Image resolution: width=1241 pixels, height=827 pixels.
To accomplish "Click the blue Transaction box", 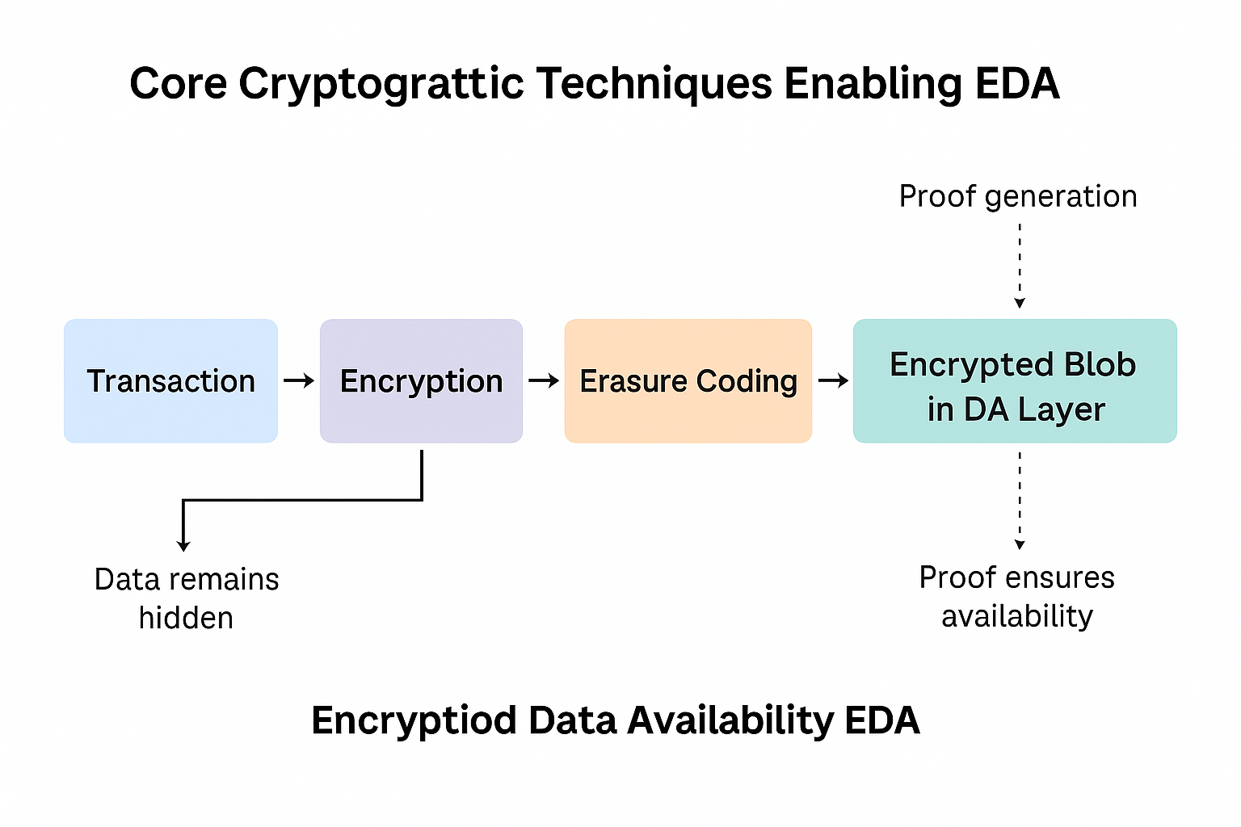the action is (x=170, y=380).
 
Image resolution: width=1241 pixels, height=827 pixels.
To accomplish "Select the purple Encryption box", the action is (x=421, y=380).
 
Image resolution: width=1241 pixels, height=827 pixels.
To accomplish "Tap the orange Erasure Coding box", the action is (x=688, y=380).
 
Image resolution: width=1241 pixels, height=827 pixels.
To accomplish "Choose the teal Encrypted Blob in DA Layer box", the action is (x=1015, y=380).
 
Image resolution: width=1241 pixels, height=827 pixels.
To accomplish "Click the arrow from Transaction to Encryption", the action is (x=299, y=380).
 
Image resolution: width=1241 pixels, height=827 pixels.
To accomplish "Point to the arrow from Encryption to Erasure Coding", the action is (x=544, y=380).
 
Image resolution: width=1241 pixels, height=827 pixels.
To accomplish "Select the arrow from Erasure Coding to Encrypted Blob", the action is (x=833, y=380).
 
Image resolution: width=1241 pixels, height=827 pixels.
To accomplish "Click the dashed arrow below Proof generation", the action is (x=1020, y=266).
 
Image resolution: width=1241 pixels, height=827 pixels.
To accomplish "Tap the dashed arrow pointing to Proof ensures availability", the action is (x=1020, y=501).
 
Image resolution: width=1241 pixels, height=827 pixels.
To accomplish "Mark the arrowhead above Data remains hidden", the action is (x=183, y=546).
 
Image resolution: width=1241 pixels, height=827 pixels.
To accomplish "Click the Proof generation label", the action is (x=1018, y=196).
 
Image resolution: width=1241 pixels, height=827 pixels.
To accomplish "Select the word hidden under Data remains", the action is (x=186, y=618).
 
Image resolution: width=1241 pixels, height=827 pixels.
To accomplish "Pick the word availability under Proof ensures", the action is (x=1017, y=616).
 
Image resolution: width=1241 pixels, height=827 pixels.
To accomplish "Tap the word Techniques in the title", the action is (x=654, y=84).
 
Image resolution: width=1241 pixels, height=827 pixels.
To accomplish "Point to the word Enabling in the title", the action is (x=873, y=84).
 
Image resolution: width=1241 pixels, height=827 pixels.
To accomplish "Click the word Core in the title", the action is (x=179, y=84).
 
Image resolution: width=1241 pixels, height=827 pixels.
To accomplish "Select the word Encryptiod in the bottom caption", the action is (x=414, y=721).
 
